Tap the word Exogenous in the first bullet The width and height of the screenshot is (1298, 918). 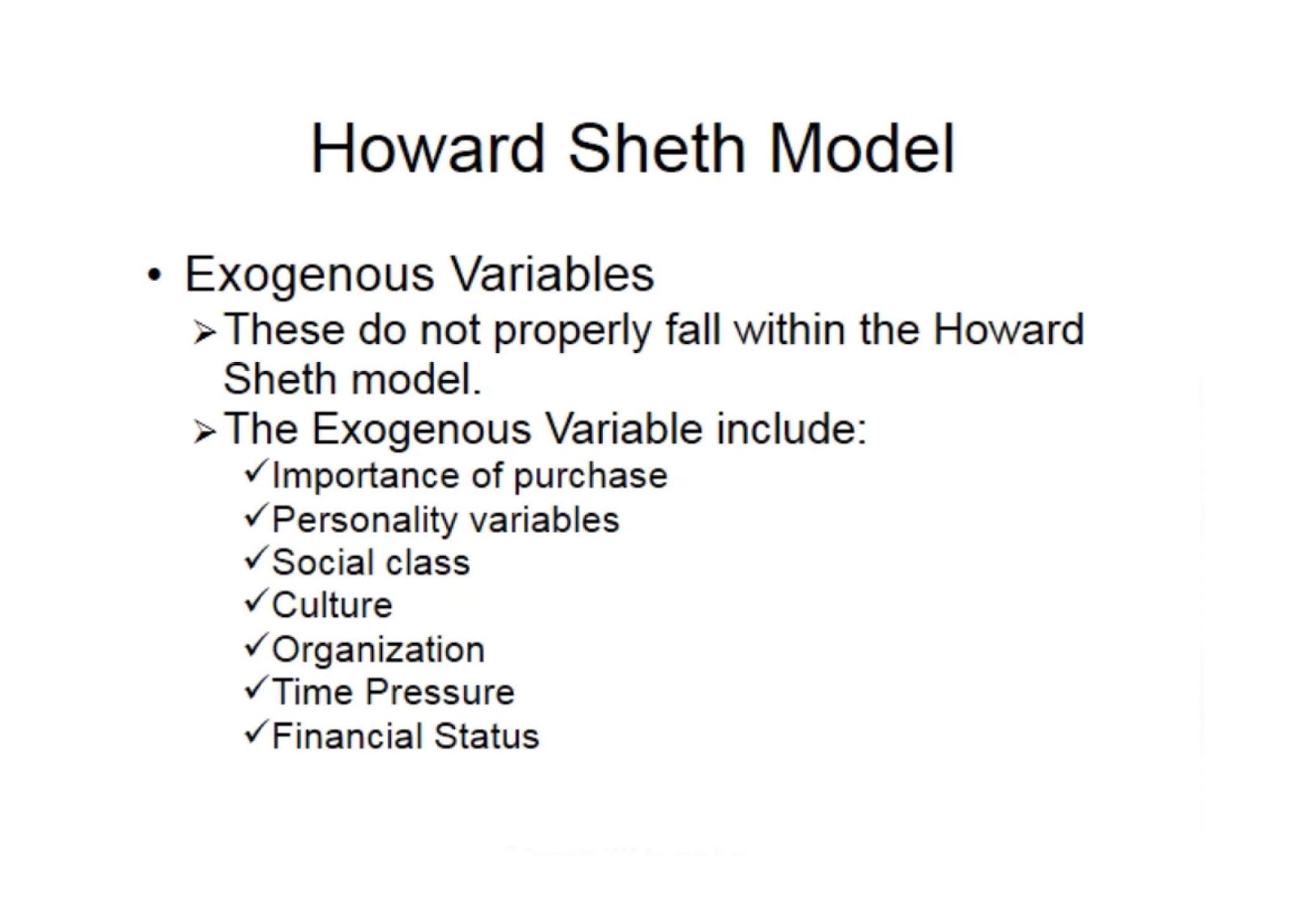click(x=309, y=274)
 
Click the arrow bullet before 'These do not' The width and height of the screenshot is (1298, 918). click(x=204, y=333)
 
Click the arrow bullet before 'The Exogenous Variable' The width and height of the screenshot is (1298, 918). click(x=204, y=432)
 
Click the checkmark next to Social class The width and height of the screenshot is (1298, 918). click(x=256, y=558)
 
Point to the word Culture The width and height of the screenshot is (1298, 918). click(x=332, y=606)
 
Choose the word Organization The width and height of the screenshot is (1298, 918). click(x=378, y=650)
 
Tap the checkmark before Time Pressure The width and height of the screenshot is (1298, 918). click(x=256, y=688)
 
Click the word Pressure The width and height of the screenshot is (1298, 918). click(x=440, y=692)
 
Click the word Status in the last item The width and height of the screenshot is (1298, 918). click(x=486, y=736)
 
